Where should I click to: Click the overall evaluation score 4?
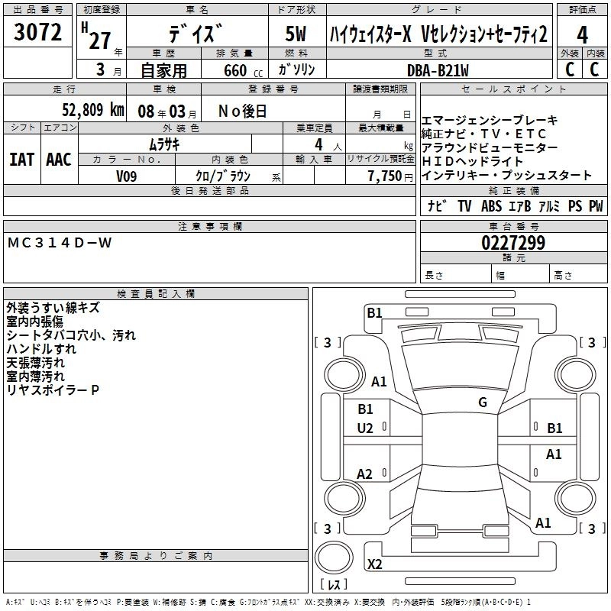coord(583,34)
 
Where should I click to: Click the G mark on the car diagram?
coord(483,402)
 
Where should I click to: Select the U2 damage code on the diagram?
coord(365,428)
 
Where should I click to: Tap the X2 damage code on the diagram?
coord(374,564)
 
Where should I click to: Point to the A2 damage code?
coord(365,474)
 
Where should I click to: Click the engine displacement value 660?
coord(235,70)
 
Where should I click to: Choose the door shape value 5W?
coord(296,35)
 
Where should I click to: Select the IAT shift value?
coord(22,159)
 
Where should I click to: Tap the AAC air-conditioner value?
coord(58,159)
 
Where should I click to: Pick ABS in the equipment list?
coord(491,206)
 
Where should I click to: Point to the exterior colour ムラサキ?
coord(163,144)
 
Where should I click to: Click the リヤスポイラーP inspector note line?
coord(53,390)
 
